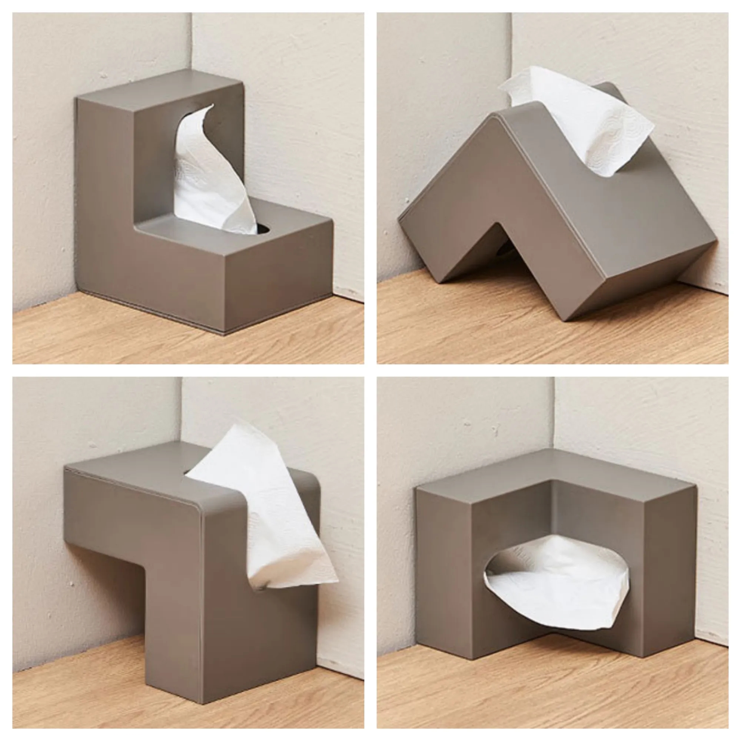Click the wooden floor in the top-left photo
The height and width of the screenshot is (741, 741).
click(115, 334)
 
